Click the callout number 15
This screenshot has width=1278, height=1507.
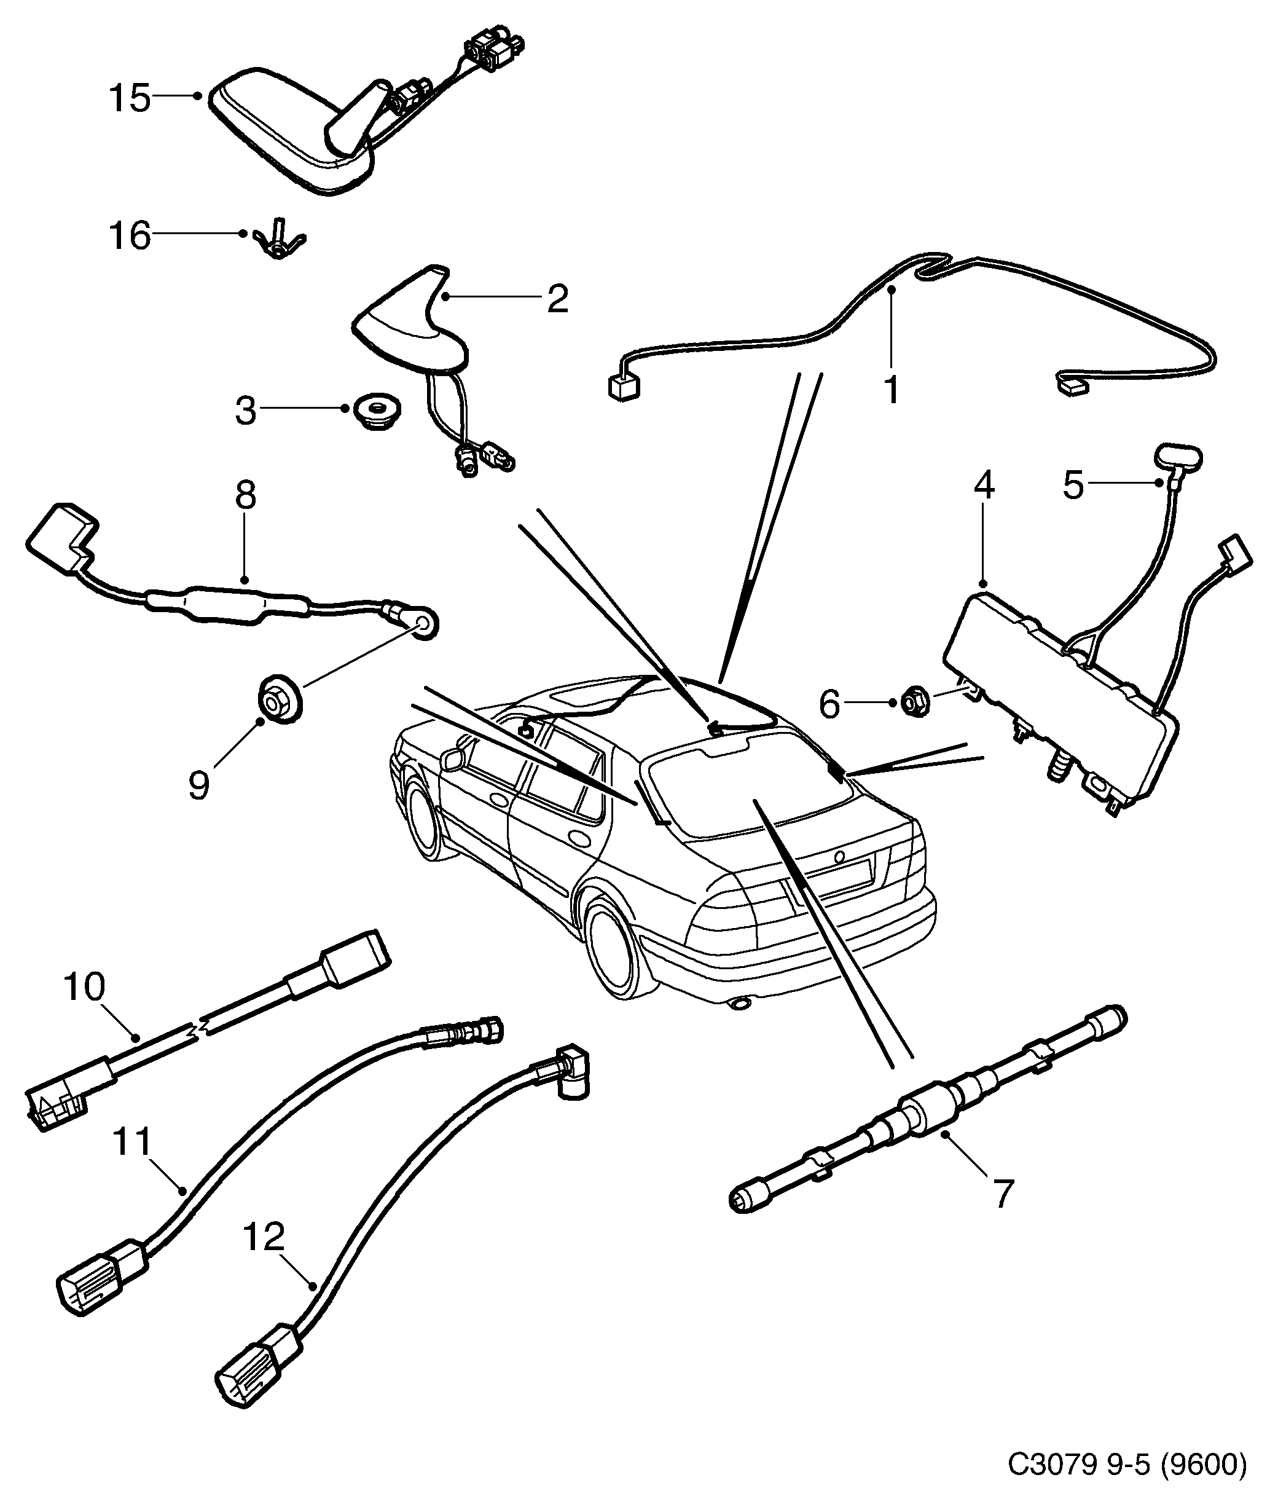(x=130, y=98)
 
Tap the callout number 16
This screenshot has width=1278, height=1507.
(x=130, y=236)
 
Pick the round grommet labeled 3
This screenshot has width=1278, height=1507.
(x=379, y=409)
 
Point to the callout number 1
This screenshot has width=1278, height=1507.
(x=892, y=389)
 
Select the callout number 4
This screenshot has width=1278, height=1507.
(x=983, y=486)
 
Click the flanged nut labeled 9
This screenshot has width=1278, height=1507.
(x=279, y=700)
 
